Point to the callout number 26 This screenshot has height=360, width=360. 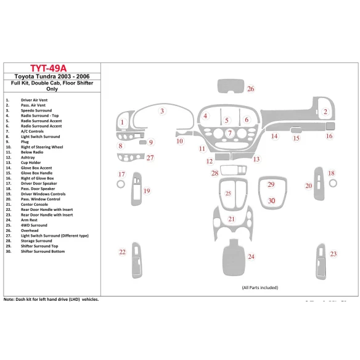(251, 89)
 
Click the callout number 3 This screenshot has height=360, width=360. (162, 112)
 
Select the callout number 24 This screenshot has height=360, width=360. (251, 256)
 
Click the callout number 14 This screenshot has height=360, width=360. (275, 136)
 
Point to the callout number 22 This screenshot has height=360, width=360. (122, 252)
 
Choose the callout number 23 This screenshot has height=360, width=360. (333, 254)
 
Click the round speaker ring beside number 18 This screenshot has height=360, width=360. (333, 184)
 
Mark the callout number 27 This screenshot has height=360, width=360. (150, 158)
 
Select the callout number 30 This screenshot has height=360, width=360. (271, 201)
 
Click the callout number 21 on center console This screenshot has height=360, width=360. (232, 219)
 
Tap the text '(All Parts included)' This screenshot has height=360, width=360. (260, 287)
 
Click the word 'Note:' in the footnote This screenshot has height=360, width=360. (10, 299)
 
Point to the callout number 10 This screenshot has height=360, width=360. (179, 141)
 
